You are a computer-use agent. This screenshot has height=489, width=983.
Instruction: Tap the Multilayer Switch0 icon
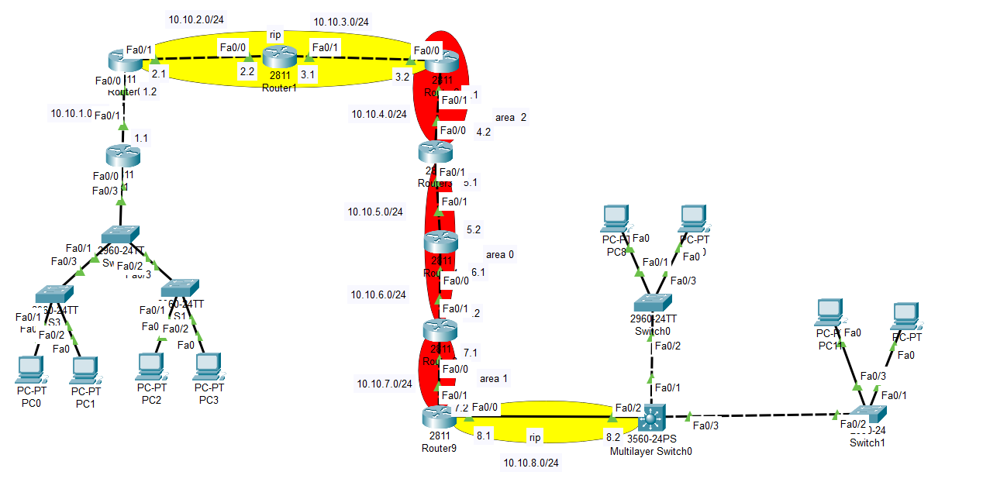click(650, 419)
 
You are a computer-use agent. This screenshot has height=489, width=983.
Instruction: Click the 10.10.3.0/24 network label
click(341, 21)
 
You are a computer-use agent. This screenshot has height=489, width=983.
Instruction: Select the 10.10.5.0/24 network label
click(375, 212)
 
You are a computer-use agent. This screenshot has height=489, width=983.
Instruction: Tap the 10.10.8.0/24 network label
click(531, 463)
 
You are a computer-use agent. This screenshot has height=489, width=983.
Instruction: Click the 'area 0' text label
click(499, 255)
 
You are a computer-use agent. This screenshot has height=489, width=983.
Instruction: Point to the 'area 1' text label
click(494, 378)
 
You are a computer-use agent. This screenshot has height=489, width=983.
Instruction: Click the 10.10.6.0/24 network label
click(378, 294)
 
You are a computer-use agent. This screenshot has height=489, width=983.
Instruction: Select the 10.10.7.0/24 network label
click(384, 384)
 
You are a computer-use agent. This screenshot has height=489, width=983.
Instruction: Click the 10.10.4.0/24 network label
click(379, 114)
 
